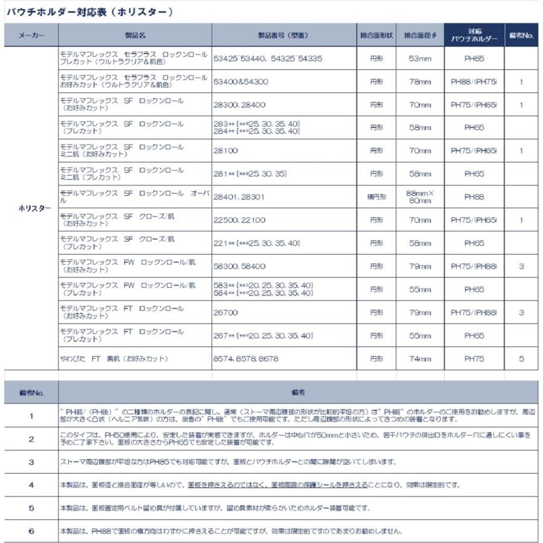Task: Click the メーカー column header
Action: coord(31,36)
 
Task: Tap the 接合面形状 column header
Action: coord(376,36)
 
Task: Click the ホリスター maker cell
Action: coord(31,208)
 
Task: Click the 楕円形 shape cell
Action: coord(376,197)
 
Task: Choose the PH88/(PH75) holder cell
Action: coord(474,81)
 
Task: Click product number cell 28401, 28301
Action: coord(240,197)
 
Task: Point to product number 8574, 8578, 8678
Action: coord(246,358)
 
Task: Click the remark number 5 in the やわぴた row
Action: coord(521,358)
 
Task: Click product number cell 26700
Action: coord(226,313)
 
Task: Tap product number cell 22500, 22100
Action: coord(240,220)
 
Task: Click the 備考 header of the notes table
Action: coord(298,392)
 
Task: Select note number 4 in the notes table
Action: coord(31,484)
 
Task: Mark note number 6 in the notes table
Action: coord(31,531)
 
